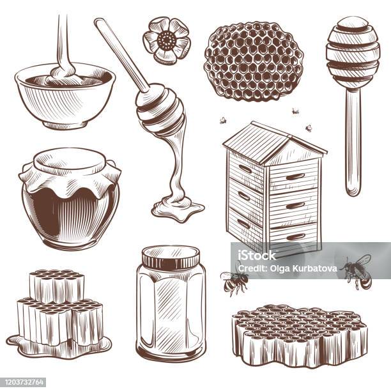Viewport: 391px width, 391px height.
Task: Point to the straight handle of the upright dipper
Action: coord(352,147)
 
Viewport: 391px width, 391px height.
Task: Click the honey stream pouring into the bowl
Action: coord(62,45)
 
